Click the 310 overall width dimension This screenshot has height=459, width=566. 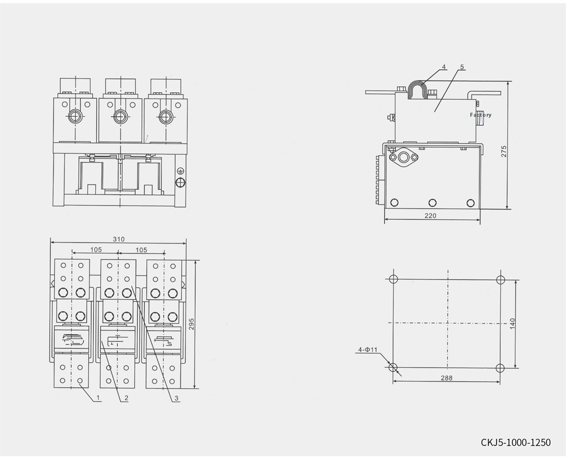point(118,239)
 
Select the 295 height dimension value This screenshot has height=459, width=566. point(192,324)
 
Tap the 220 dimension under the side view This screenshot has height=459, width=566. point(432,216)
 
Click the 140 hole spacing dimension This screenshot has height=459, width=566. point(512,324)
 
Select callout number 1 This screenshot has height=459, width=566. point(98,398)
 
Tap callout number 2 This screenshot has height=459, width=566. point(126,398)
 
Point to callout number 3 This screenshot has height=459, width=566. point(177,398)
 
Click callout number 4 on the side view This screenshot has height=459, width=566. point(444,67)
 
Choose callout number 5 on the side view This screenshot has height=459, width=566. point(462,67)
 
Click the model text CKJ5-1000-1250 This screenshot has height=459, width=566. point(515,442)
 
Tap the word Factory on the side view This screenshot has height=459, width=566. point(481,115)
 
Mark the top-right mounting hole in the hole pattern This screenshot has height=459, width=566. point(500,279)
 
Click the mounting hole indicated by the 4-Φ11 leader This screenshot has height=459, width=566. point(395,367)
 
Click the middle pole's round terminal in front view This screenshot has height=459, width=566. point(119,117)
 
